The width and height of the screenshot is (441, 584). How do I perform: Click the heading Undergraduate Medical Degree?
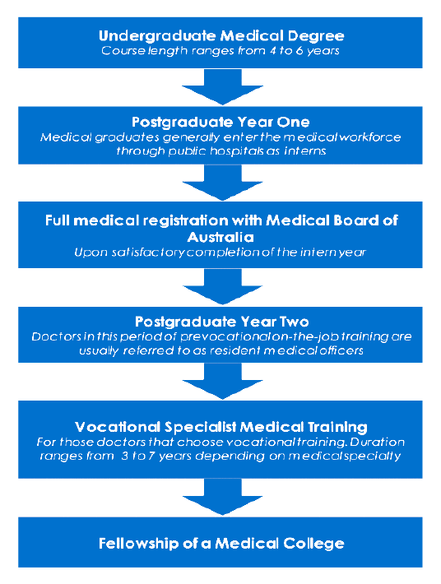tap(221, 36)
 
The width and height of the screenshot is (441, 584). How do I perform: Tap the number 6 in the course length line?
tap(299, 51)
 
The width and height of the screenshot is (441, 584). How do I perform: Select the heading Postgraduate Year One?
tap(220, 123)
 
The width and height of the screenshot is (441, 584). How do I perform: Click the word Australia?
tap(220, 237)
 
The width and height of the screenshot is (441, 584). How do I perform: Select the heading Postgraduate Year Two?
tap(221, 322)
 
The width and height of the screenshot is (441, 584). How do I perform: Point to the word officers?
tap(341, 350)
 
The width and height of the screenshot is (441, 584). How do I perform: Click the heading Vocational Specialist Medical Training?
tap(220, 427)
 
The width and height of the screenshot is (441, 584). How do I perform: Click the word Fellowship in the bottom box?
tap(138, 544)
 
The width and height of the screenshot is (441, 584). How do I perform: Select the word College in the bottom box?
tap(313, 544)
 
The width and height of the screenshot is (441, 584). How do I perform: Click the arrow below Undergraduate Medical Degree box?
tap(222, 87)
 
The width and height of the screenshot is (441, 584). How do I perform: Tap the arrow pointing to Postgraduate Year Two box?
tap(222, 286)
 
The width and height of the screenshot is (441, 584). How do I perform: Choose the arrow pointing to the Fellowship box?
tap(222, 497)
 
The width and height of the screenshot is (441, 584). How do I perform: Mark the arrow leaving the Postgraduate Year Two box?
tap(222, 381)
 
